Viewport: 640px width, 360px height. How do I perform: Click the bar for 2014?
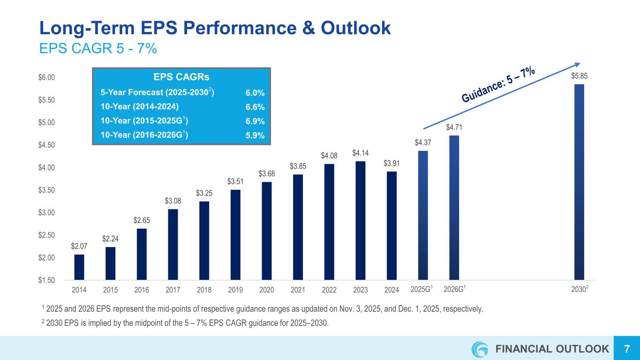click(79, 267)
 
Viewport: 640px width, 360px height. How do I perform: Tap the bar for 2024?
click(392, 225)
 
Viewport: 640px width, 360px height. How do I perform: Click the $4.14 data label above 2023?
click(360, 153)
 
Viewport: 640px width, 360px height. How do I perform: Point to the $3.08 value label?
click(173, 201)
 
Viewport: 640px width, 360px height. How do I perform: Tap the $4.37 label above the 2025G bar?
click(422, 142)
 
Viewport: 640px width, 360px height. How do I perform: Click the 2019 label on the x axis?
click(235, 290)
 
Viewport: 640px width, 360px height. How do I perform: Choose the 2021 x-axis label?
click(298, 290)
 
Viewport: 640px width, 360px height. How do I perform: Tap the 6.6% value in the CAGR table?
click(255, 107)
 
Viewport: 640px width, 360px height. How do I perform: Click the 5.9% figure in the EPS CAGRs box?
click(255, 135)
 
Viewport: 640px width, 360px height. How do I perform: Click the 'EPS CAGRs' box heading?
click(181, 77)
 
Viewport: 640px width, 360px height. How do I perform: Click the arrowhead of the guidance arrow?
click(578, 65)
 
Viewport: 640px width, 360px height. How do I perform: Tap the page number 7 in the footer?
click(626, 349)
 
